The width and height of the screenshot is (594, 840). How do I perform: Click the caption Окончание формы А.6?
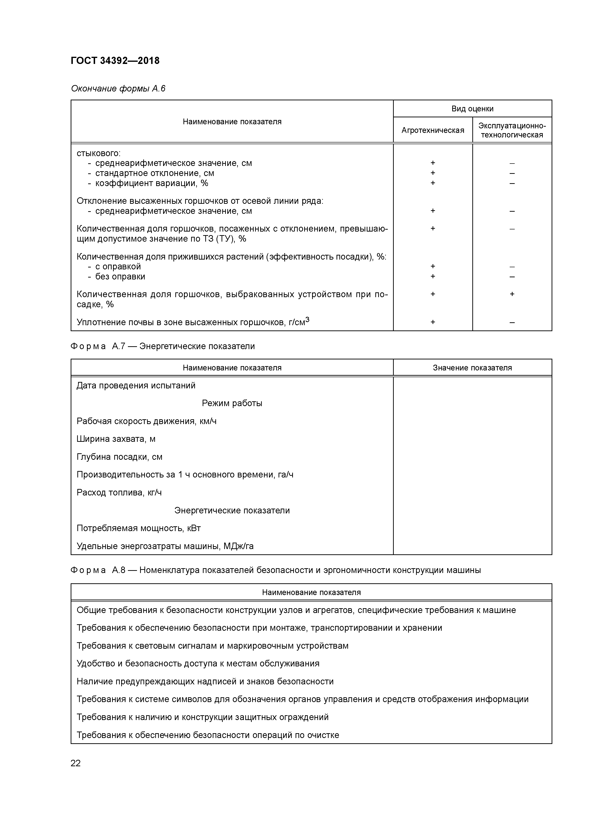pos(118,89)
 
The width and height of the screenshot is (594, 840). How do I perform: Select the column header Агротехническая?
pos(433,130)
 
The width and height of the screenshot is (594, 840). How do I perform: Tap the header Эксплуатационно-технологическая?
pos(512,130)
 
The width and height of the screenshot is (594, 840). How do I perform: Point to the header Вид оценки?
pos(472,109)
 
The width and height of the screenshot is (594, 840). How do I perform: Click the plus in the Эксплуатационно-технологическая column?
pos(512,294)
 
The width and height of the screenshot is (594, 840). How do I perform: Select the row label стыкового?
pos(98,153)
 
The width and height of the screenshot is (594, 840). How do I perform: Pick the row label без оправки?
pos(120,277)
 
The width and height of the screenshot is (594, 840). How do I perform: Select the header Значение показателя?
pos(472,368)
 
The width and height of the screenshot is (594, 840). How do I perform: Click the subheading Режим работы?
pos(232,403)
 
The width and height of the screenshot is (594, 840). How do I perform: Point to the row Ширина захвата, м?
pos(116,439)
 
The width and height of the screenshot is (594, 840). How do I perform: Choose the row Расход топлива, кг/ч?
pos(119,493)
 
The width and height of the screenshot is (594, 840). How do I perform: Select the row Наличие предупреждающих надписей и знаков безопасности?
pos(205,681)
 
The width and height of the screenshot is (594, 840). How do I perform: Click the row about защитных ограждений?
pos(202,717)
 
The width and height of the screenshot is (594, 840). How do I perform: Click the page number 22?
pos(75,763)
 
